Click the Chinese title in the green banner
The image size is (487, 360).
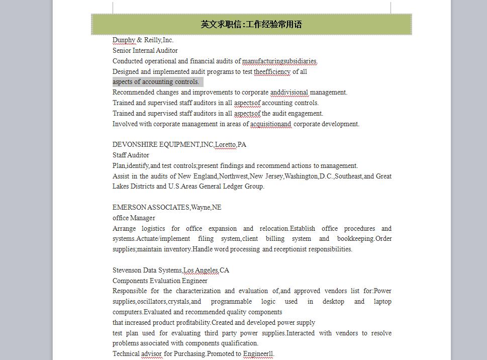(251, 24)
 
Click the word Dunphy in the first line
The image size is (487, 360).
(124, 40)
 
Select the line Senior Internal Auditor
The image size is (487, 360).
(145, 50)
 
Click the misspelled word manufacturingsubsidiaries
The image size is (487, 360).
(279, 61)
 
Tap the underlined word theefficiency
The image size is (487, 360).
(272, 71)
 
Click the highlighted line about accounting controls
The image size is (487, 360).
(156, 82)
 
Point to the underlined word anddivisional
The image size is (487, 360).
(289, 93)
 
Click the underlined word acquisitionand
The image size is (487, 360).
(271, 124)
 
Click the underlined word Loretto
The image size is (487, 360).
(225, 145)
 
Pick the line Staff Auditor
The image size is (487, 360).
(131, 155)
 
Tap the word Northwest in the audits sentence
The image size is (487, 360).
(233, 176)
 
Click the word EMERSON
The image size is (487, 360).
(129, 207)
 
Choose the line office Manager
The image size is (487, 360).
(134, 218)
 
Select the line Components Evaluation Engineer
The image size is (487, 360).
(160, 281)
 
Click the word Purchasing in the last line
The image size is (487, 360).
(189, 354)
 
